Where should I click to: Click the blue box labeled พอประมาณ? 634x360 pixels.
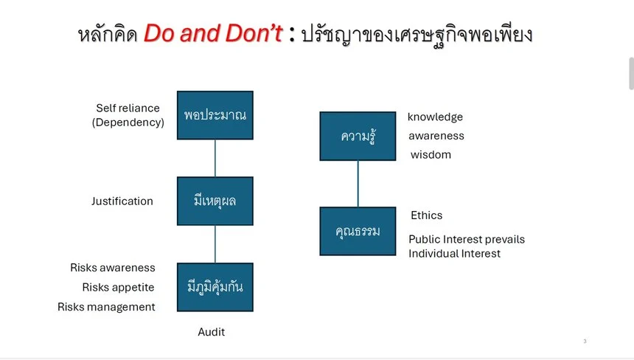[x=215, y=115]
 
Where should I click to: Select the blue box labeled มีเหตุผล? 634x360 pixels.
[x=215, y=201]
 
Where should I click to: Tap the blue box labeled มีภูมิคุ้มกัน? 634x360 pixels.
[x=215, y=287]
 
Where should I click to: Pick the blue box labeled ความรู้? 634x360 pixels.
[x=358, y=136]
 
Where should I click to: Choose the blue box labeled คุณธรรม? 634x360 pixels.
[x=358, y=232]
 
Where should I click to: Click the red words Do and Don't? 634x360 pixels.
[x=213, y=33]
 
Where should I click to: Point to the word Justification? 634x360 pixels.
[x=122, y=201]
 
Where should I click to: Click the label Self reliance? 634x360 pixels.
[x=128, y=108]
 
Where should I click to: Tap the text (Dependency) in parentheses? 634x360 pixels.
[x=128, y=122]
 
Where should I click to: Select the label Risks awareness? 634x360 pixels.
[x=113, y=268]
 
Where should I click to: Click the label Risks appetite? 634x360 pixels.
[x=118, y=287]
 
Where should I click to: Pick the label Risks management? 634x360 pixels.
[x=106, y=307]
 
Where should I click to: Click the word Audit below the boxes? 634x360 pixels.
[x=212, y=332]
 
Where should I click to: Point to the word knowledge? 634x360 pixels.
[x=435, y=117]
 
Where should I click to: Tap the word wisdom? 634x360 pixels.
[x=431, y=154]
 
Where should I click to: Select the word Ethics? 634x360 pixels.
[x=427, y=215]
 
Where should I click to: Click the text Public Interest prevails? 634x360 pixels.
[x=467, y=240]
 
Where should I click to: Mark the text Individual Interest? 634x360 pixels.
[x=454, y=254]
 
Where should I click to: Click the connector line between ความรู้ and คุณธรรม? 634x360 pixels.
[x=358, y=184]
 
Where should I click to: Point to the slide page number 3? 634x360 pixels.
[x=585, y=342]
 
